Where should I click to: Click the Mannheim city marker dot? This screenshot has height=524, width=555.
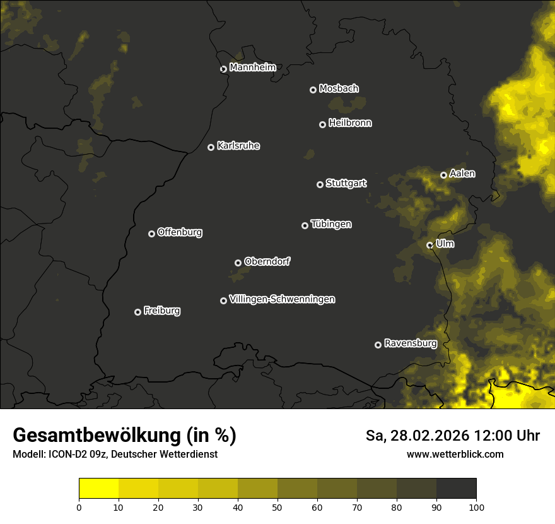(x=223, y=69)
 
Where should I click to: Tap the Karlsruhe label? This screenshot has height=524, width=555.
(x=238, y=146)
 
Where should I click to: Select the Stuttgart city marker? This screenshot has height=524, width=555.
(x=320, y=184)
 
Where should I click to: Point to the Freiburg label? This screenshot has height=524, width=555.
(x=162, y=311)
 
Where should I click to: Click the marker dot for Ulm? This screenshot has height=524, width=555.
(x=429, y=245)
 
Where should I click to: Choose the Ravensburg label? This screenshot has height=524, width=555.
(x=411, y=343)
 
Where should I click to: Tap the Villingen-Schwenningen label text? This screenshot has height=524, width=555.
(x=283, y=299)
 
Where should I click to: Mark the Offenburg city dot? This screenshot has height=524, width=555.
(x=151, y=234)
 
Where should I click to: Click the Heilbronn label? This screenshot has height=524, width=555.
(x=350, y=123)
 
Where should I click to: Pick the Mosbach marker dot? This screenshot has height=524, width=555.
(x=313, y=90)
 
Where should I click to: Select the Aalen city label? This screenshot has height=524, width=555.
(x=462, y=174)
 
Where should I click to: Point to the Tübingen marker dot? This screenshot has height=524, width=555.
(x=305, y=225)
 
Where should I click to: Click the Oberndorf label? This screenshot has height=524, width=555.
(x=267, y=261)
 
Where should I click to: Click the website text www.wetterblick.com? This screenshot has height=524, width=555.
(x=455, y=454)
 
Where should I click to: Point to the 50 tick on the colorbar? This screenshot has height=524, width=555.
(x=277, y=506)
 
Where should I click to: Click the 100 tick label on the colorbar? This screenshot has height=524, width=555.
(x=476, y=506)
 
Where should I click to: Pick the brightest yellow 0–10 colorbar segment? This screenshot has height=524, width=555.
(x=99, y=489)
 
